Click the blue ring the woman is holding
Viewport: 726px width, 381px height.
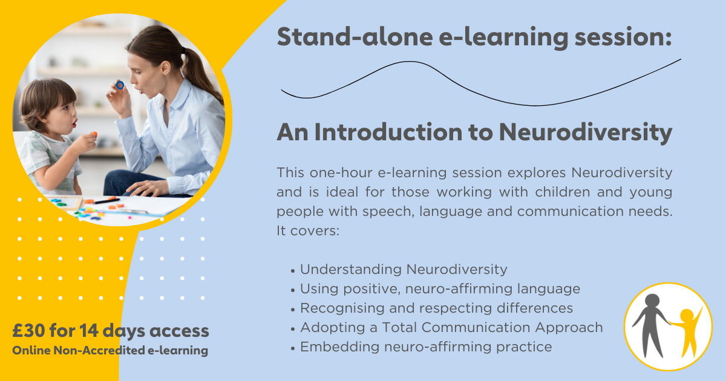click(x=120, y=85)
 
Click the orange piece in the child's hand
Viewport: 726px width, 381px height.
click(x=94, y=134)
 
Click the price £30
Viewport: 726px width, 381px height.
click(x=29, y=330)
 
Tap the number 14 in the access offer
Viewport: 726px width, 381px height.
click(x=89, y=330)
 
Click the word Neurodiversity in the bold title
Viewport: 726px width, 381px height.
click(x=586, y=133)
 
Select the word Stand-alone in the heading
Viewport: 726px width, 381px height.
click(x=355, y=37)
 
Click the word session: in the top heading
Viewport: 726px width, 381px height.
click(x=623, y=37)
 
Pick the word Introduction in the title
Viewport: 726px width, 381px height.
click(x=388, y=132)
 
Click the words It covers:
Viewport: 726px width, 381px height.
click(x=308, y=230)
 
